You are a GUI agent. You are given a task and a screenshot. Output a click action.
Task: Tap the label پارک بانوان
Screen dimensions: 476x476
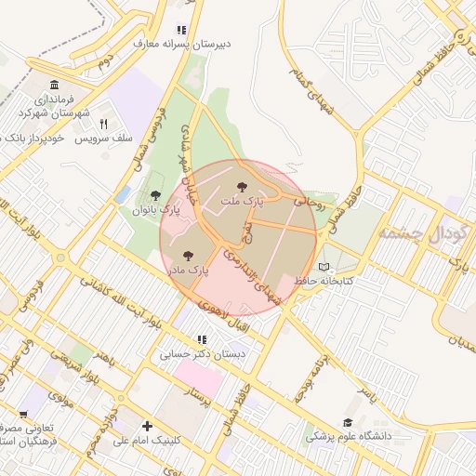[155, 211]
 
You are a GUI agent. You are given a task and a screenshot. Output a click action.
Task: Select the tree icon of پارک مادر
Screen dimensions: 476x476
[188, 254]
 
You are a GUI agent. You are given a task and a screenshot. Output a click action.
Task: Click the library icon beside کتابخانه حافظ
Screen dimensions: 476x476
[324, 268]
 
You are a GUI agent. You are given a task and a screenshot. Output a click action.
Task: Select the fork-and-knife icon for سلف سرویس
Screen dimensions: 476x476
[103, 124]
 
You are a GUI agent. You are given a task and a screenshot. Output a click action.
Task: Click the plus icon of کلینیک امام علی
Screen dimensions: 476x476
[147, 426]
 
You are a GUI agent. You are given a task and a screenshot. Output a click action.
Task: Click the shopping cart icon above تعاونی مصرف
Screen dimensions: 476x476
[24, 415]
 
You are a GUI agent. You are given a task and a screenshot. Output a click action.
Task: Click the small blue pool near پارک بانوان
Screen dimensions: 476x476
[123, 194]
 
